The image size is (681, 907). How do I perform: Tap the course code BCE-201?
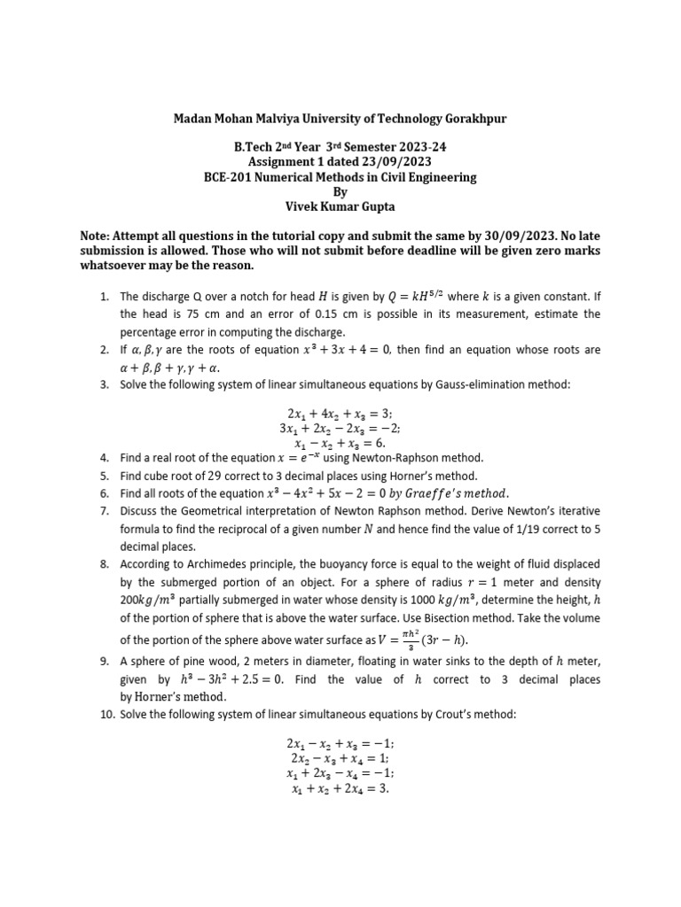coord(233,177)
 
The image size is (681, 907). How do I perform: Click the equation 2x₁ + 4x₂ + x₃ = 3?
coord(340,414)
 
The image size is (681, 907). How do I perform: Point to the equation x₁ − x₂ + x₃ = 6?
coord(340,443)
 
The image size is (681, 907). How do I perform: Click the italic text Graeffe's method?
coord(442,493)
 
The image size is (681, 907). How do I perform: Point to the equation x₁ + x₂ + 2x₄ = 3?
coord(340,788)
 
